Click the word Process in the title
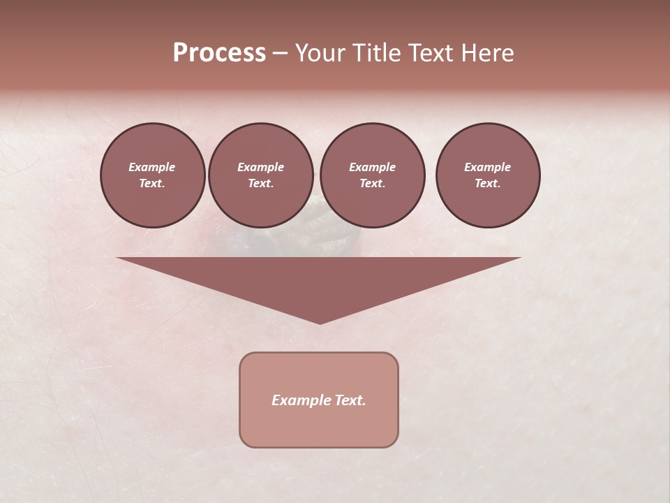[219, 52]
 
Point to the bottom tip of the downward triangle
[320, 322]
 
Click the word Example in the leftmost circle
[152, 167]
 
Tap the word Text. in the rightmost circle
[487, 183]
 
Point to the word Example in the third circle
[372, 167]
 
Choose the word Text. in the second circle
[260, 183]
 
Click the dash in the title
[280, 52]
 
